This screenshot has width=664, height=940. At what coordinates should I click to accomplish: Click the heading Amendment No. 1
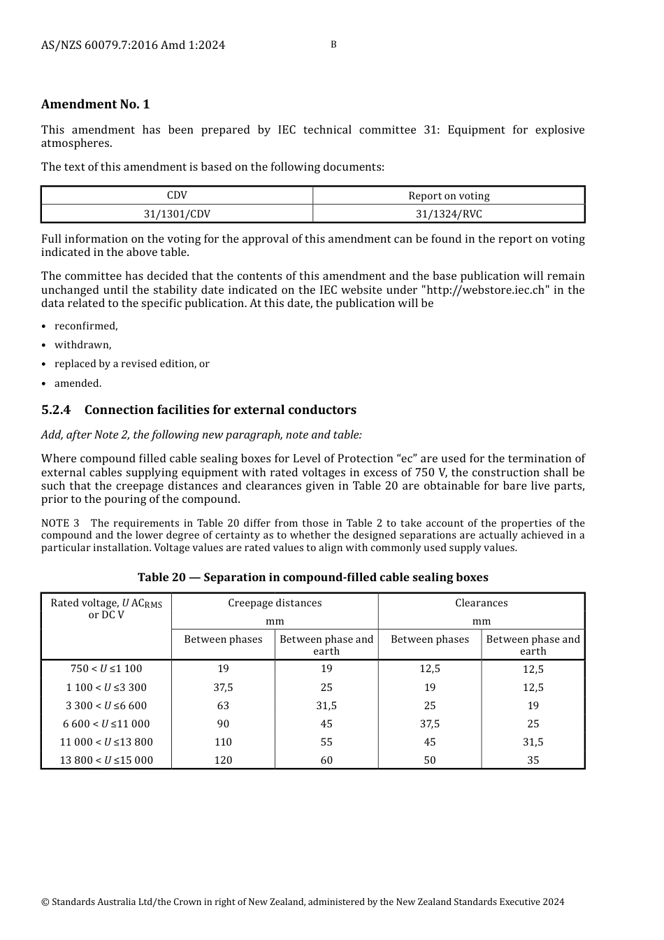click(x=95, y=104)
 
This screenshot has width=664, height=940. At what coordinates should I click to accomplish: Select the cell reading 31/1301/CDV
click(x=177, y=214)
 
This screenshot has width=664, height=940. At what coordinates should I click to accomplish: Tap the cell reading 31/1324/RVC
click(x=449, y=214)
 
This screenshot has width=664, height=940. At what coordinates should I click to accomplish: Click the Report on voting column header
click(x=449, y=196)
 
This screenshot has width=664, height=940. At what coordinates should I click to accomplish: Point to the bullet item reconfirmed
click(x=86, y=326)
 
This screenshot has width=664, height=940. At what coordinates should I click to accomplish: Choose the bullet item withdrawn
click(x=82, y=345)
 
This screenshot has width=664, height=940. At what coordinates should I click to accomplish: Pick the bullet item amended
click(x=78, y=383)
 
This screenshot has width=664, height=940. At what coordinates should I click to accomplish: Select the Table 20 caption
click(x=312, y=577)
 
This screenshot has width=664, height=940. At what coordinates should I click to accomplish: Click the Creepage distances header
click(x=275, y=603)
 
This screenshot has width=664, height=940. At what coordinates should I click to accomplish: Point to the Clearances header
click(x=481, y=603)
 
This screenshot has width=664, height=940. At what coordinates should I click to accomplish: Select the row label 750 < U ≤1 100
click(x=106, y=669)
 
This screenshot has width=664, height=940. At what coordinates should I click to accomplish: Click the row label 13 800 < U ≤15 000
click(x=106, y=760)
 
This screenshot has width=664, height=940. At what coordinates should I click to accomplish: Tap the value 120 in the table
click(x=223, y=760)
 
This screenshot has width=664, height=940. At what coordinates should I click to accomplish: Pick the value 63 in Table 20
click(x=223, y=705)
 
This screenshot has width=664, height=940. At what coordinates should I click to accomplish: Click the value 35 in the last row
click(x=533, y=760)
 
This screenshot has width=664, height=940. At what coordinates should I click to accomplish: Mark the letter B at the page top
click(x=333, y=45)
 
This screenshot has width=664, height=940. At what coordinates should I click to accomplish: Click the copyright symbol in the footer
click(x=45, y=902)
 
